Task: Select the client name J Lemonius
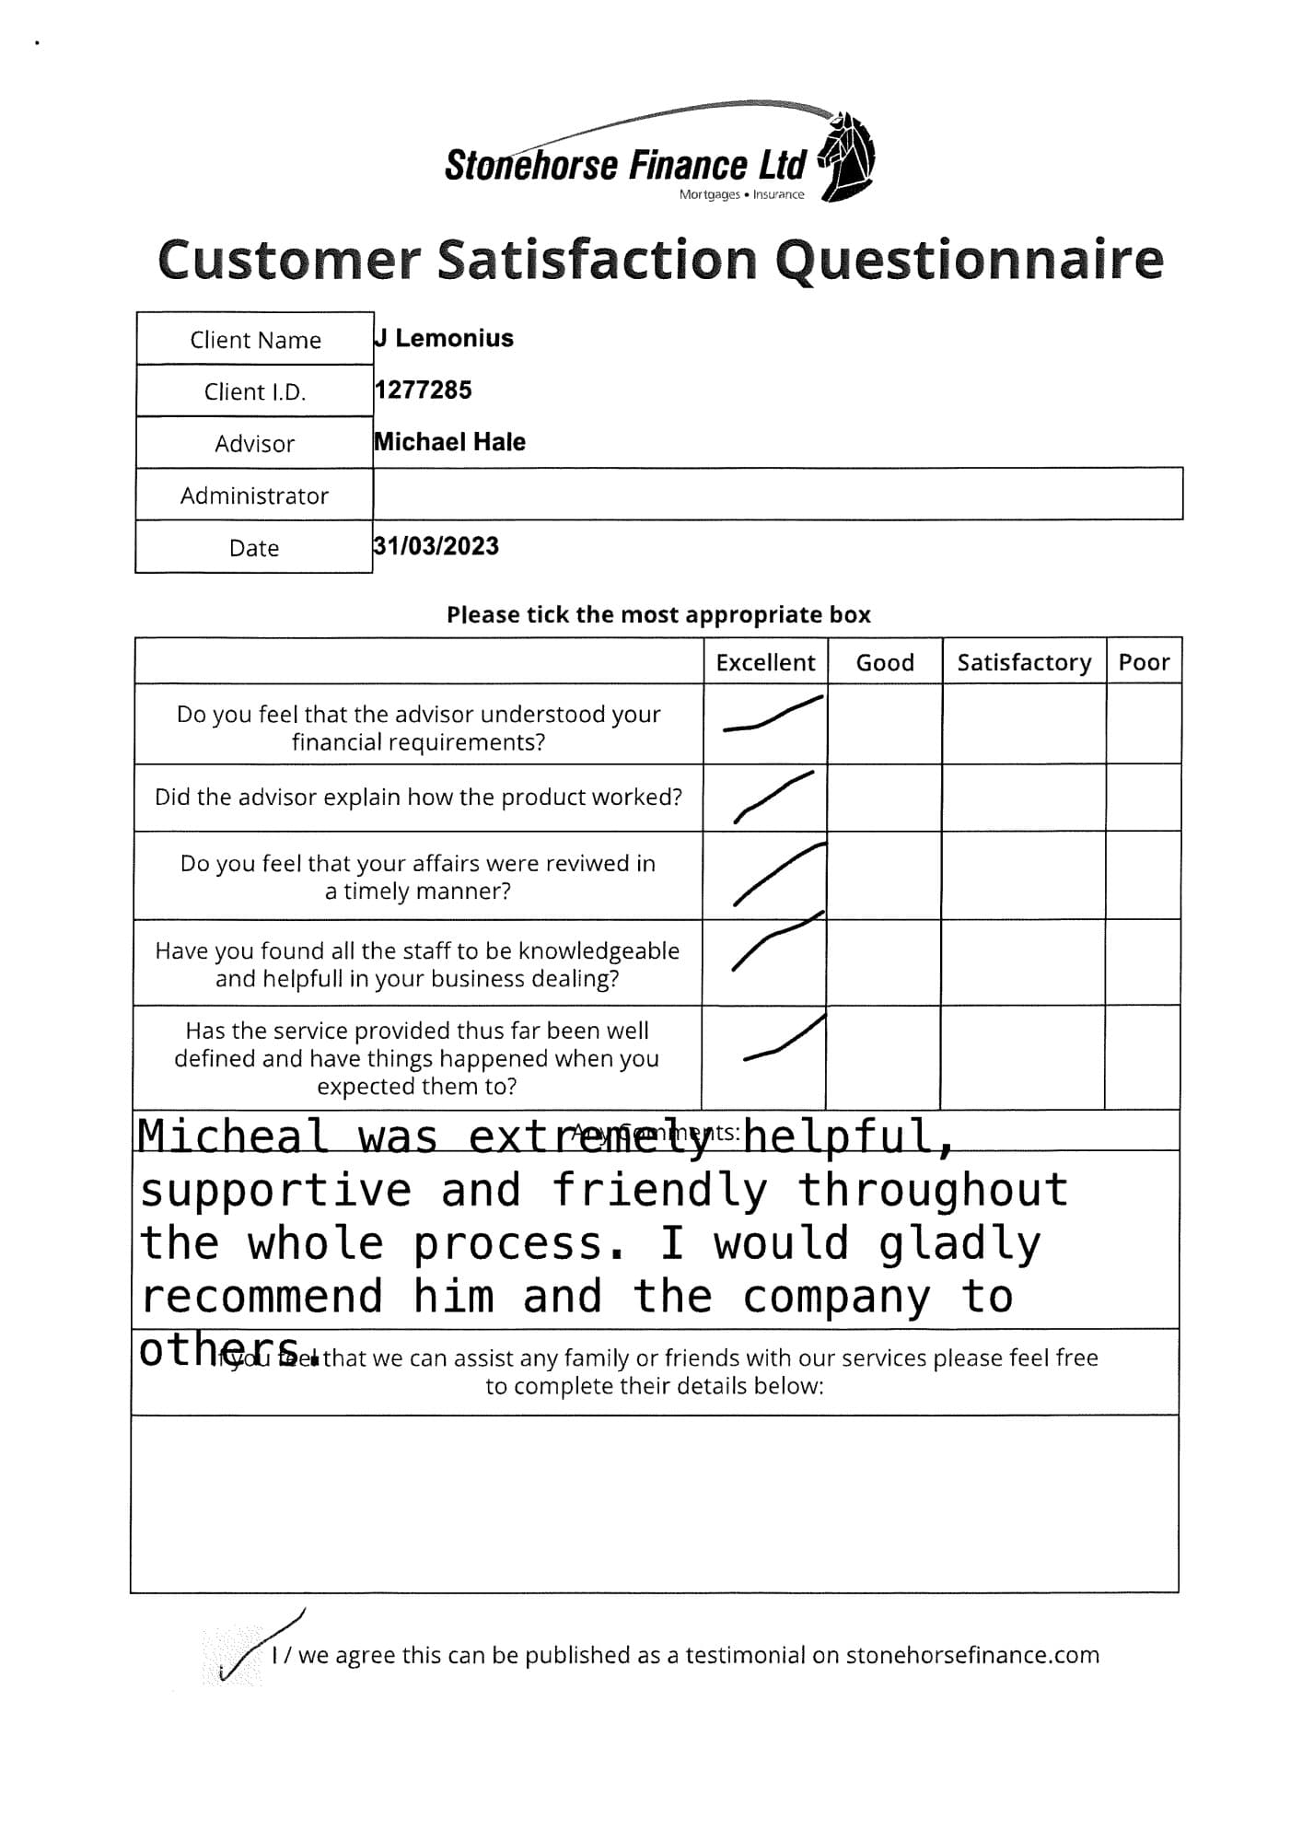(444, 338)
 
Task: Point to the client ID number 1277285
(423, 390)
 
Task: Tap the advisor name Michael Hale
(449, 442)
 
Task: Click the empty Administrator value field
(777, 495)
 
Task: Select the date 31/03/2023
(436, 546)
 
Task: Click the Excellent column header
(765, 662)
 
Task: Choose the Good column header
(884, 662)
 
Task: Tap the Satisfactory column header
(1023, 662)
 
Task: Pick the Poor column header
(1144, 662)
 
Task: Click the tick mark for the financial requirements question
(772, 715)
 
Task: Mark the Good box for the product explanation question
(884, 798)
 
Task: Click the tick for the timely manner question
(777, 874)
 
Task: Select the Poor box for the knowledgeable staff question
(1143, 962)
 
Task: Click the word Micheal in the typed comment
(233, 1136)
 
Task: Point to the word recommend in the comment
(262, 1297)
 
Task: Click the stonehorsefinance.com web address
(971, 1655)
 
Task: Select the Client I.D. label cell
(254, 391)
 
